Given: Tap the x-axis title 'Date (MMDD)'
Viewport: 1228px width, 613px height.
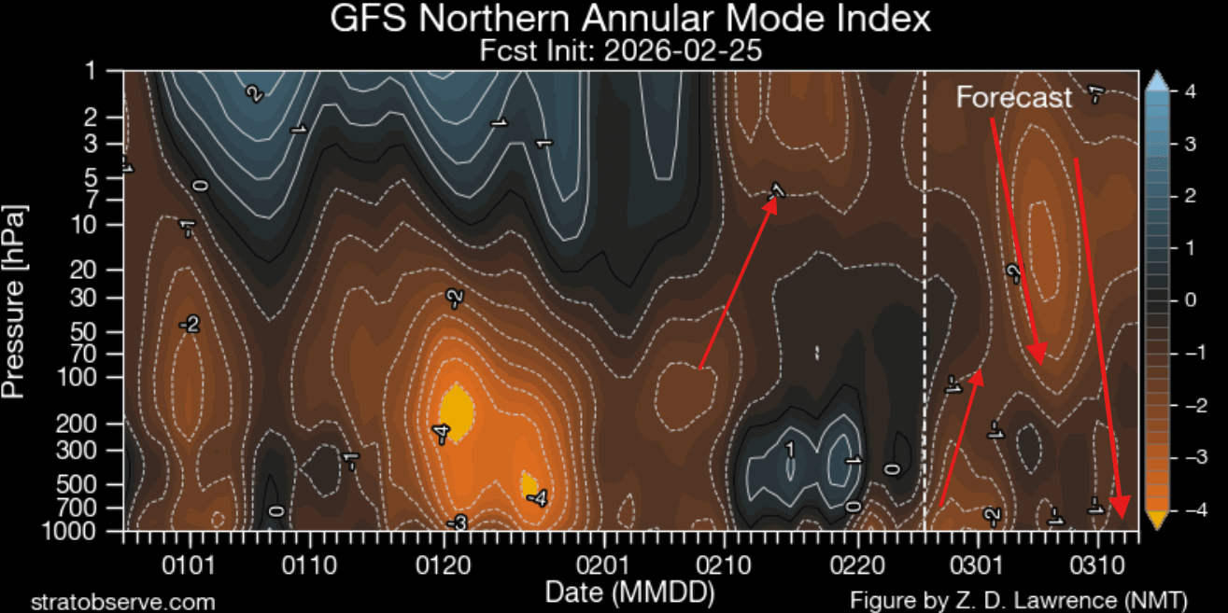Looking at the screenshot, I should coord(629,592).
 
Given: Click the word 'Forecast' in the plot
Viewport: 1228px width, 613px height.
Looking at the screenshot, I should coord(1013,98).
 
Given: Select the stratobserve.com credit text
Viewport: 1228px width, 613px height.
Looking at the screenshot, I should coord(123,602).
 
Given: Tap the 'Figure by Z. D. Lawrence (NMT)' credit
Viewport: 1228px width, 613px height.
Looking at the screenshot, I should coord(1018,600).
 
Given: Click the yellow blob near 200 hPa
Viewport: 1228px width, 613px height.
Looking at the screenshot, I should coord(456,409).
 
